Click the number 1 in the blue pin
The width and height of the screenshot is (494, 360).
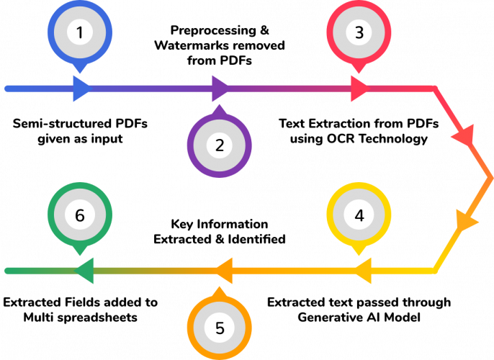point(80,32)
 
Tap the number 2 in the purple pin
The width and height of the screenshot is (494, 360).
point(220,145)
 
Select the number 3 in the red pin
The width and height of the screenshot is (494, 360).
point(359,32)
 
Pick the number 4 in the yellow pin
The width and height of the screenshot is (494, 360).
point(359,215)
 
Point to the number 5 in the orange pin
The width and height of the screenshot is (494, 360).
point(220,328)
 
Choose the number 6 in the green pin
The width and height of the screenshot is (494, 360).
point(80,215)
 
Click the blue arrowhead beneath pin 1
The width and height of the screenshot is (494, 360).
point(81,89)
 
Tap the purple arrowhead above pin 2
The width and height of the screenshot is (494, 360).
point(220,89)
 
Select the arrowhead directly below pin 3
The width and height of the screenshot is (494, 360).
point(359,89)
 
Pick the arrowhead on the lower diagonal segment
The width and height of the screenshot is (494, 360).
point(465,220)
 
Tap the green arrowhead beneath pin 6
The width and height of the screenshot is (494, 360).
point(85,271)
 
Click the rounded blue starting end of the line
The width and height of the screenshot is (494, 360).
point(7,89)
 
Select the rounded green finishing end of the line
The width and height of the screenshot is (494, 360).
point(7,271)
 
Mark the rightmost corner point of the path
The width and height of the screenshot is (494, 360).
point(491,177)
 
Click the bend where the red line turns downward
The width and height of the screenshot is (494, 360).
point(435,89)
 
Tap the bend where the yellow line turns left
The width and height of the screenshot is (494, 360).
point(435,271)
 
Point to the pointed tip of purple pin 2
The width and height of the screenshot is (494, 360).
point(220,108)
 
